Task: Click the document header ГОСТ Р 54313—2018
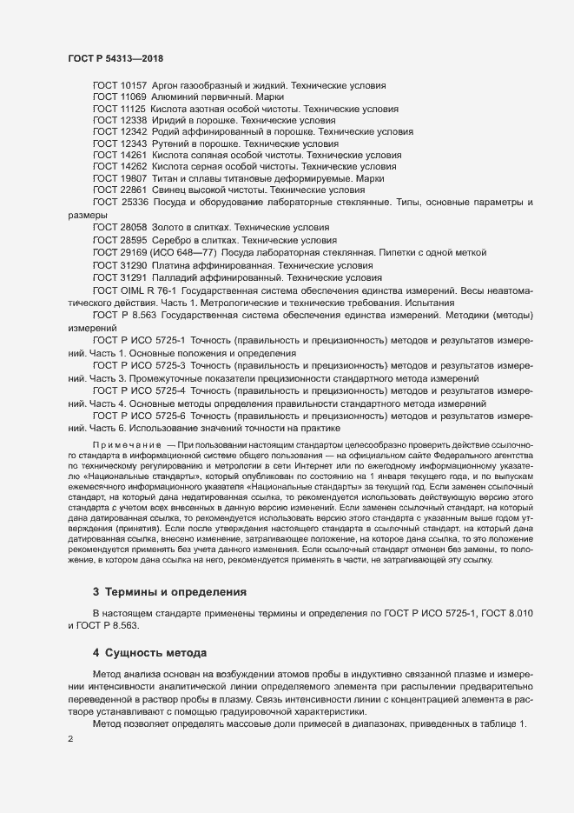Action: point(115,58)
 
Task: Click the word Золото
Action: point(170,226)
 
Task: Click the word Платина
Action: point(174,263)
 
